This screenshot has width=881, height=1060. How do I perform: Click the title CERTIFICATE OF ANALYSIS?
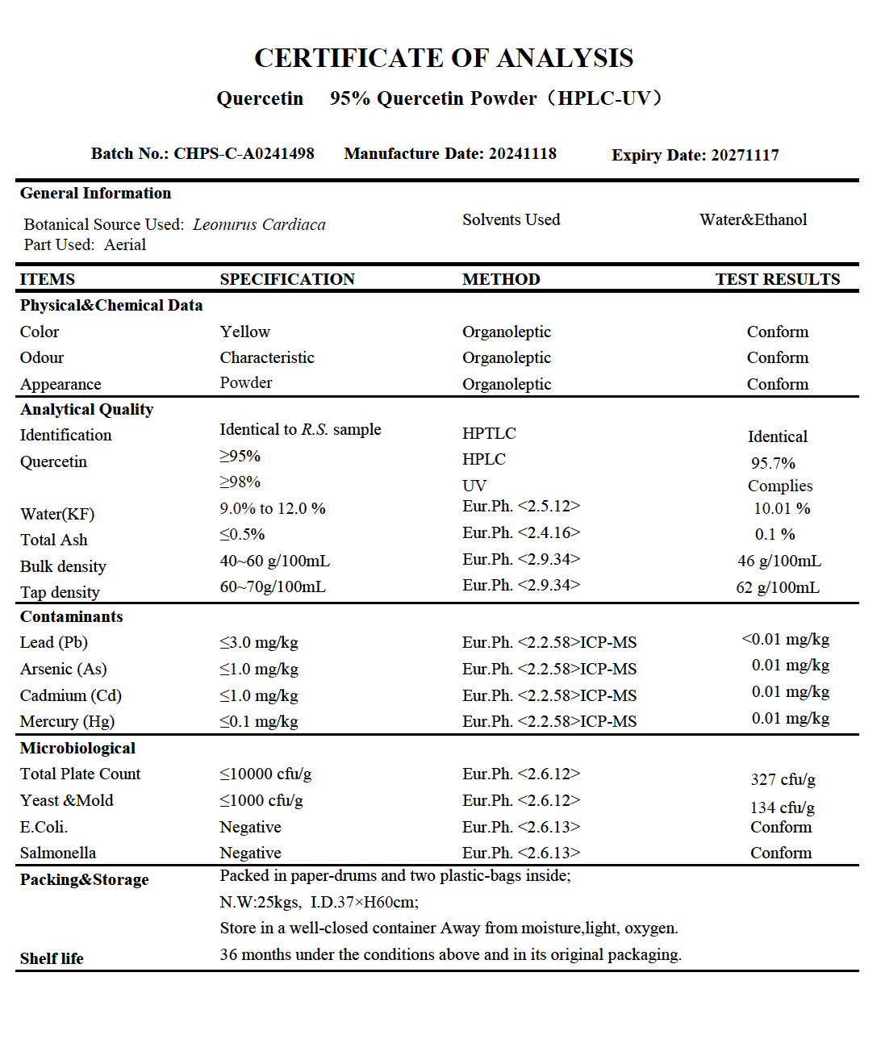click(444, 58)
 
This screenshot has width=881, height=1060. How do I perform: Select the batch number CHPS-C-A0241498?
click(244, 154)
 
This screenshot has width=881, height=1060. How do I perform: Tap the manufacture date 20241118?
click(523, 154)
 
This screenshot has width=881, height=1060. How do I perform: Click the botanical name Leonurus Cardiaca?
click(259, 225)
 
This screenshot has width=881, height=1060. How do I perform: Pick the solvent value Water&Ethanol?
click(753, 220)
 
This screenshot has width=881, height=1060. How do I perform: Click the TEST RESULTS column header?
click(777, 279)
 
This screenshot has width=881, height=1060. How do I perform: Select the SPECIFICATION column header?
click(287, 279)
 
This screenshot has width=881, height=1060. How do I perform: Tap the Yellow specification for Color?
click(244, 332)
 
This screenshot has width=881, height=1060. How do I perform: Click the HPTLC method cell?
click(489, 434)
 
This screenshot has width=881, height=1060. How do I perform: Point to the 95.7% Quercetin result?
click(773, 463)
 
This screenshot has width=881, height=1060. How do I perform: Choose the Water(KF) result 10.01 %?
click(781, 509)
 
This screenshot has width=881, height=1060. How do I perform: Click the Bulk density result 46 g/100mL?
click(779, 561)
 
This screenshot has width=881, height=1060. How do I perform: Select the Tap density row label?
click(60, 593)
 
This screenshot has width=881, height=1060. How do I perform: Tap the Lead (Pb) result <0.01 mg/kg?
click(785, 640)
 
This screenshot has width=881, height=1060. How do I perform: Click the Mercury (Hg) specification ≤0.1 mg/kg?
click(259, 722)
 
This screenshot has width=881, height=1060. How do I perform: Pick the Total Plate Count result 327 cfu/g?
click(783, 779)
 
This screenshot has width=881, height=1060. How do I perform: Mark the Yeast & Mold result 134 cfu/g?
click(782, 808)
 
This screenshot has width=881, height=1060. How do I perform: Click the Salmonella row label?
click(58, 853)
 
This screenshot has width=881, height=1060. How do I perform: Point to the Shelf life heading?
click(52, 958)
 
